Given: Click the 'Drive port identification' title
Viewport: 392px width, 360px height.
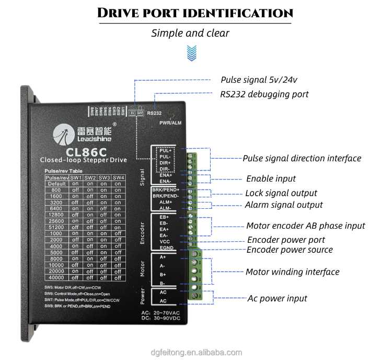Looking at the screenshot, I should click(x=195, y=14).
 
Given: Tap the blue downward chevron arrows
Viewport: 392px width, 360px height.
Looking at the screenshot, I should click(x=191, y=51).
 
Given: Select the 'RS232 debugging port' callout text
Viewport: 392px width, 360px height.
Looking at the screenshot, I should click(x=264, y=94).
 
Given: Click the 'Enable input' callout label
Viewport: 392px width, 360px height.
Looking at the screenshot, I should click(x=271, y=178).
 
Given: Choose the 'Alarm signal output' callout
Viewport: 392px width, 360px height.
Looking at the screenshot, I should click(x=284, y=205).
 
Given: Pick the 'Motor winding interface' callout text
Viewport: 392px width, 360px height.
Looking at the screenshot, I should click(x=292, y=272).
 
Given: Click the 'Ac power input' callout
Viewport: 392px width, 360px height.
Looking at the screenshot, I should click(x=277, y=298).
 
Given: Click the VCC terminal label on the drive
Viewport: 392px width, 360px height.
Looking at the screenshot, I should click(x=165, y=242).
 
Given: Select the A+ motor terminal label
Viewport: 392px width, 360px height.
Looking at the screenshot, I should click(x=163, y=257).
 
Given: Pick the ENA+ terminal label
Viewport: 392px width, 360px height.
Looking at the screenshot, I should click(x=165, y=175).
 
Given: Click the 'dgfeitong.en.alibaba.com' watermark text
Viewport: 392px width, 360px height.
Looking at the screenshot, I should click(x=195, y=352).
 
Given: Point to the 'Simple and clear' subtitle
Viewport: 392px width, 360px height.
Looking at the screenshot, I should click(x=190, y=33).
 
